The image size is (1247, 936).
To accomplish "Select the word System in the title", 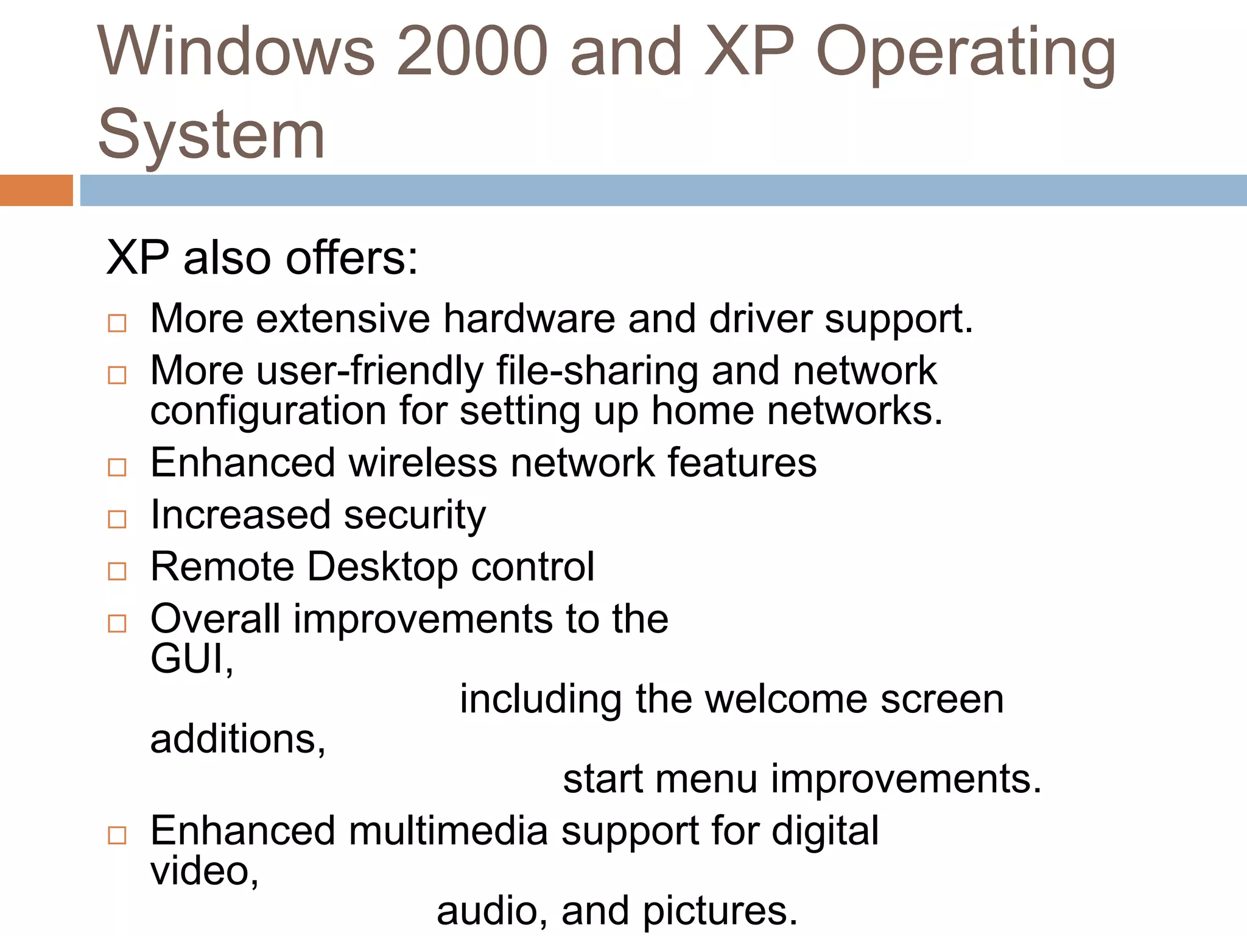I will coord(211,135).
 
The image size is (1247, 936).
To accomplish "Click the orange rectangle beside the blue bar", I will coord(36,190).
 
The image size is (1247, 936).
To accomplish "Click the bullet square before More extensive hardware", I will coord(117,323).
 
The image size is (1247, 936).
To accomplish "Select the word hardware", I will coord(529,319).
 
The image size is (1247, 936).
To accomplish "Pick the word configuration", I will coord(268,411).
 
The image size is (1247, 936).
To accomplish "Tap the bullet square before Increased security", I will coord(117,519).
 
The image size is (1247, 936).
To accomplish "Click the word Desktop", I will coord(382,567).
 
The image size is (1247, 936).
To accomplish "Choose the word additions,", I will coord(237,739).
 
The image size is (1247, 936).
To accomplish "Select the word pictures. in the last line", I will coord(720,911).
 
